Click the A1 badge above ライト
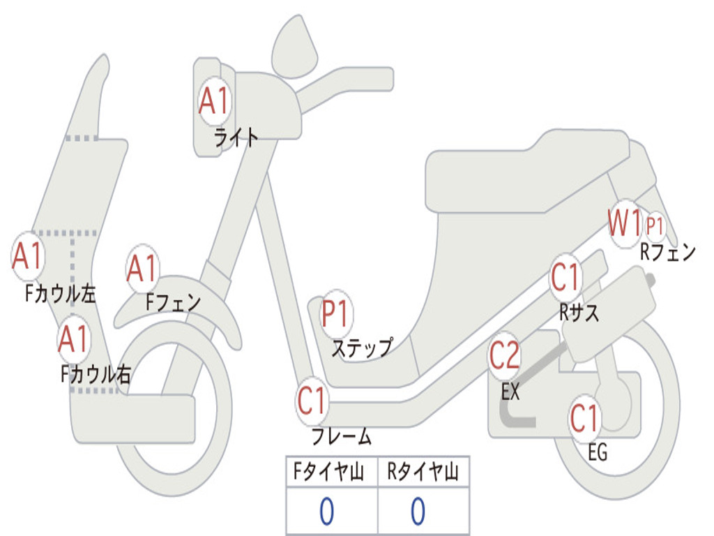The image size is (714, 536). click(x=213, y=102)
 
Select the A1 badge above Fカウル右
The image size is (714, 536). click(x=73, y=339)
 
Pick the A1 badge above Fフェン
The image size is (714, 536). click(x=143, y=269)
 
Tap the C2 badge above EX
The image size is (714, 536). click(x=504, y=355)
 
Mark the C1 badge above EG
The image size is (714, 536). click(x=584, y=417)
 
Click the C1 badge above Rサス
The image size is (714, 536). click(x=565, y=278)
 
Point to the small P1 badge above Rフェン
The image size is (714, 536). click(x=655, y=225)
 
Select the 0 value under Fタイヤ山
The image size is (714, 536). click(x=326, y=512)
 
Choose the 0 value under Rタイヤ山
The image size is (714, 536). click(x=418, y=512)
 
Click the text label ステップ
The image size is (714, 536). click(x=361, y=347)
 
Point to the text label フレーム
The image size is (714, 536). click(x=341, y=437)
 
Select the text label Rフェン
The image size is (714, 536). click(x=667, y=252)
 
